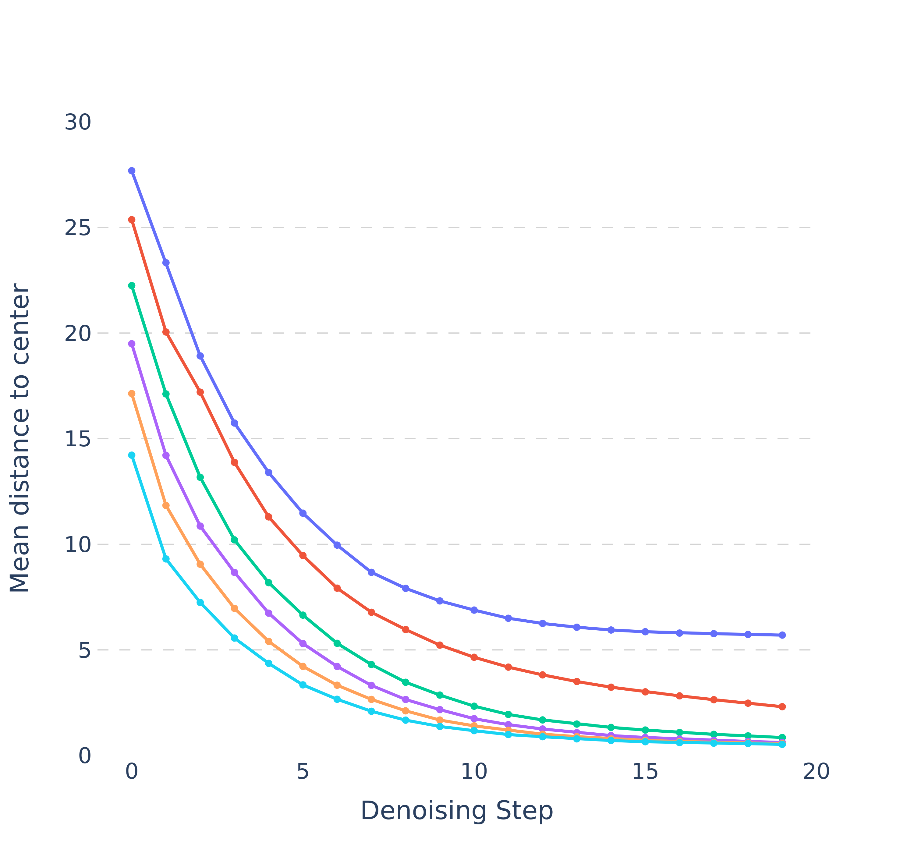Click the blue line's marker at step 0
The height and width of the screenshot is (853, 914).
pos(132,171)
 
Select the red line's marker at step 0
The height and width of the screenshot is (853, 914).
pos(132,220)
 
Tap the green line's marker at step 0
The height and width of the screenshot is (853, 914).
pos(132,285)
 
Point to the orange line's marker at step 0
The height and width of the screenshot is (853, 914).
pos(132,393)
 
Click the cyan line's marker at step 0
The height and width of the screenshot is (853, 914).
pos(132,455)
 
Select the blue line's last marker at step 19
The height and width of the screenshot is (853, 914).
pos(782,635)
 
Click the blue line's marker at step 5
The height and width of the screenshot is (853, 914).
pos(303,513)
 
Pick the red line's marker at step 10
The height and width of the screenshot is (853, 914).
pos(474,657)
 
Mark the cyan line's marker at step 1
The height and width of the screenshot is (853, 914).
pos(166,559)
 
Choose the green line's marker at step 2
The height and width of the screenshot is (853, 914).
pos(200,477)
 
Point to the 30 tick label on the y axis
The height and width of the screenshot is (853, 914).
pos(77,122)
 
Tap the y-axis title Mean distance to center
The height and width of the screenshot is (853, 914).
pos(20,438)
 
